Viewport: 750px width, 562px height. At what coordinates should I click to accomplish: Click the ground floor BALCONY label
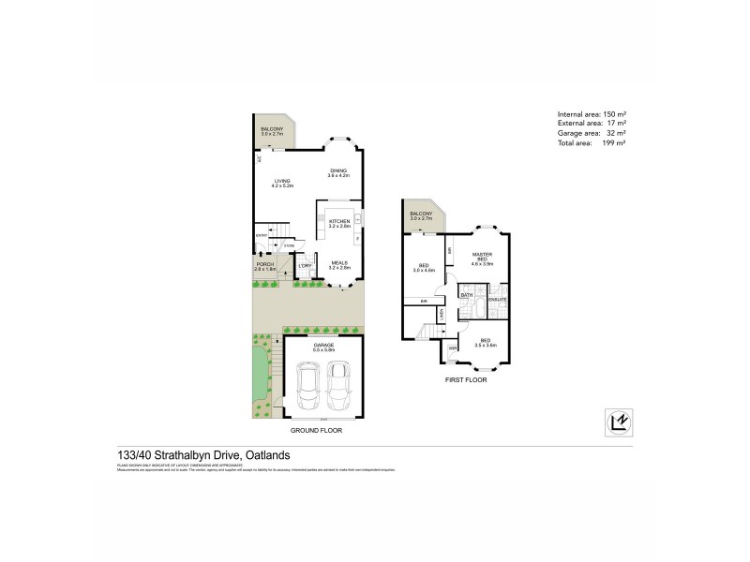[273, 130]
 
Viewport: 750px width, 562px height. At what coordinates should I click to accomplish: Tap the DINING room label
[337, 172]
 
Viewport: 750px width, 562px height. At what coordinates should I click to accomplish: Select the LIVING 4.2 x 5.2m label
[282, 184]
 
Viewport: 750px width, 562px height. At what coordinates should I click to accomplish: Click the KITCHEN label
[338, 223]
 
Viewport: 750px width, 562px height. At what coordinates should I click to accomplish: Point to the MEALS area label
[339, 266]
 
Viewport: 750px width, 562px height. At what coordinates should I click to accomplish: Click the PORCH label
[265, 267]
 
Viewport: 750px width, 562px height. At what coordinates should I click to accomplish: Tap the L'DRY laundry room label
[305, 266]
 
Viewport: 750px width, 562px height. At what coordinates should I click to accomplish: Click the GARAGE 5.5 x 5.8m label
[323, 348]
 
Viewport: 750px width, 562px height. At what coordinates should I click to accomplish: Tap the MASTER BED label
[482, 259]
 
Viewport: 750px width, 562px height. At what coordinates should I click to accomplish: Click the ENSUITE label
[498, 300]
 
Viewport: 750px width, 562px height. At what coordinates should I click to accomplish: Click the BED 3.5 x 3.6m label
[485, 343]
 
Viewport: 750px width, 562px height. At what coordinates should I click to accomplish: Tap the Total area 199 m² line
[591, 142]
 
